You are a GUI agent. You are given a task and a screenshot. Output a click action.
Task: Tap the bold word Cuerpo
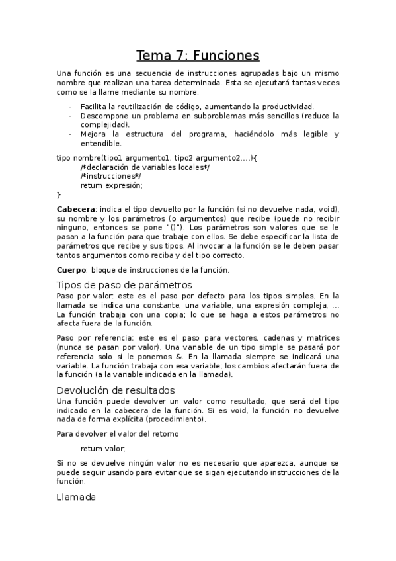pos(72,270)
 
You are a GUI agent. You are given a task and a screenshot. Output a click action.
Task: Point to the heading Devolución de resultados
pos(116,390)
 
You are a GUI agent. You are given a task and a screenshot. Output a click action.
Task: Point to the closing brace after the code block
pos(59,194)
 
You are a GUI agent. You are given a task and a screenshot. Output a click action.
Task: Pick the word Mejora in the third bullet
pos(93,134)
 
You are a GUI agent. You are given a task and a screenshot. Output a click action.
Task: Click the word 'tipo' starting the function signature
pos(63,157)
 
